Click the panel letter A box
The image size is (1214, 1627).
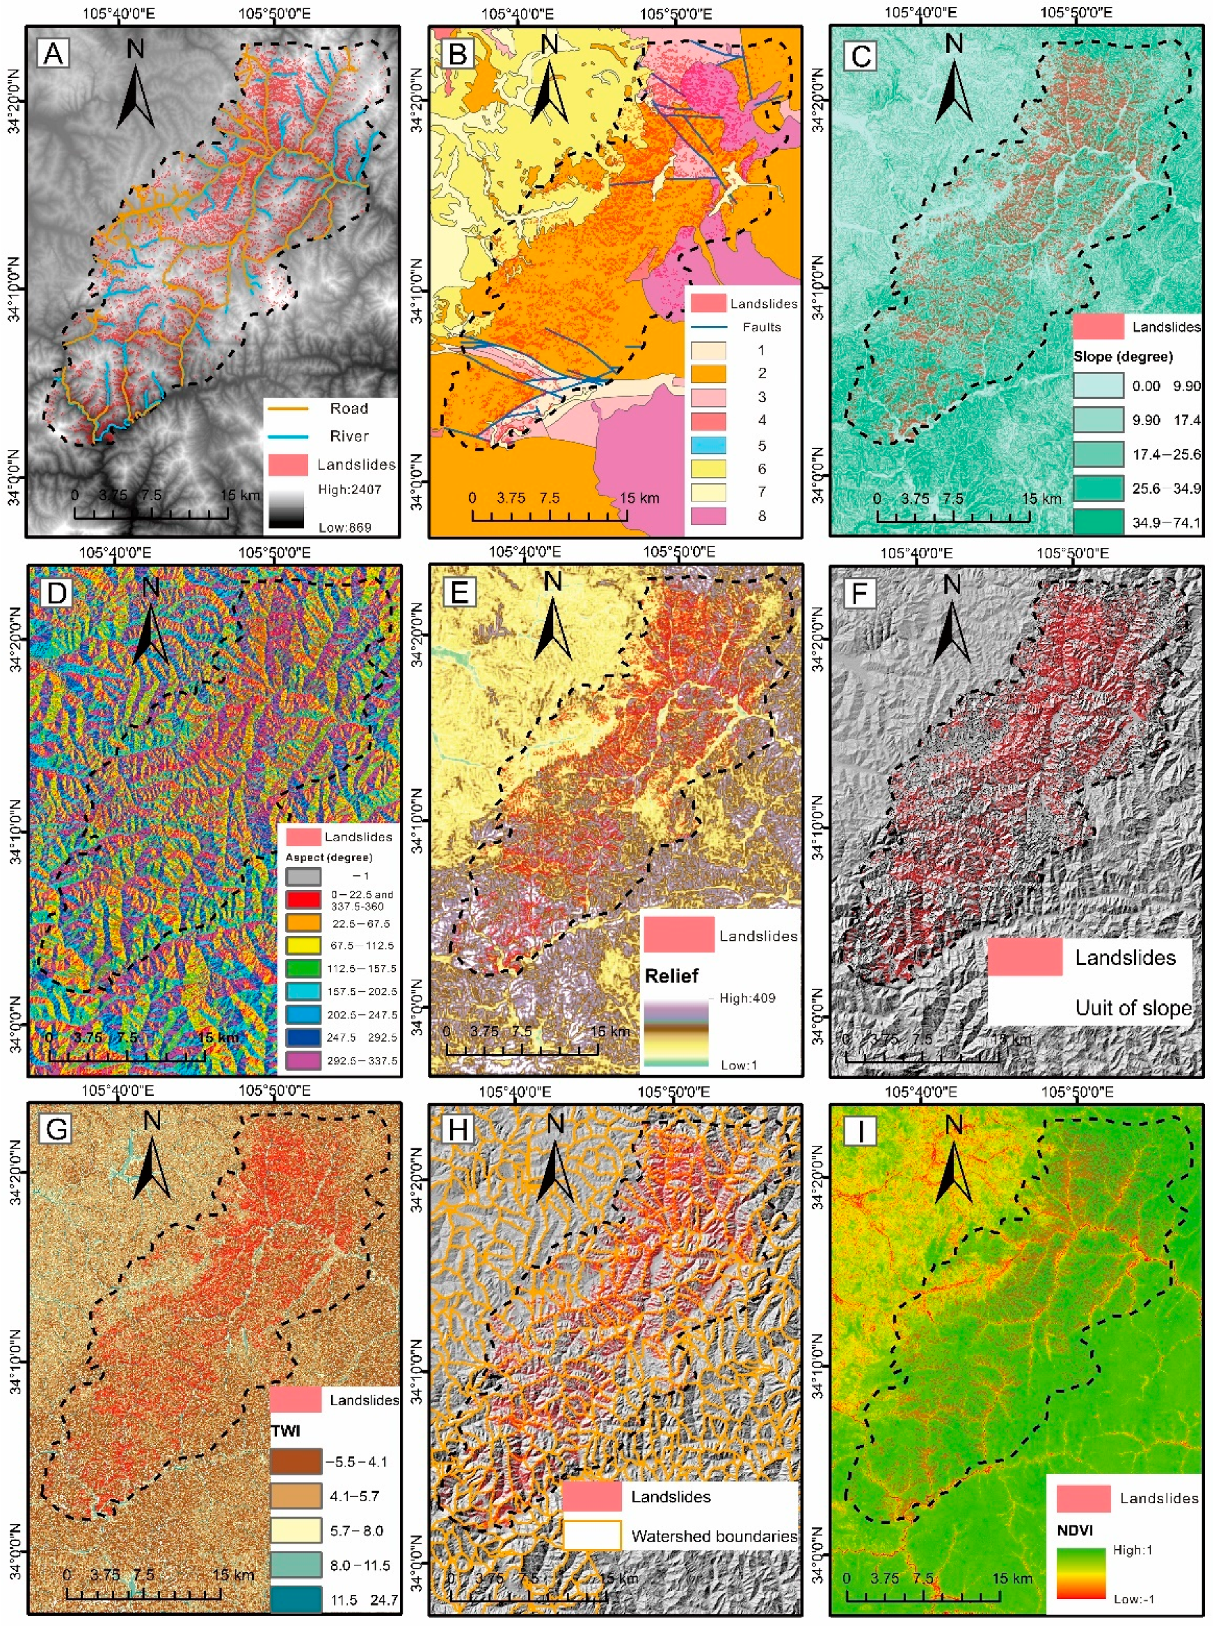53,54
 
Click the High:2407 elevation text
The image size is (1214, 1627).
349,489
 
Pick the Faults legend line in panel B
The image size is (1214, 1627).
708,327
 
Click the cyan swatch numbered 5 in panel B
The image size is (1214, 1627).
708,445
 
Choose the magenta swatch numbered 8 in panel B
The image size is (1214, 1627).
708,516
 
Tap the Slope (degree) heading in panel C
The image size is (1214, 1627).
1122,357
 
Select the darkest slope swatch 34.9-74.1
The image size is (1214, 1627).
1098,522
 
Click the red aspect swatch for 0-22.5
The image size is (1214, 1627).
303,899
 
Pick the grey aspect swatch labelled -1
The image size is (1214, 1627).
303,876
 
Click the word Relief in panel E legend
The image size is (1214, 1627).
671,976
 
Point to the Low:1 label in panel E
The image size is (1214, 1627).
738,1065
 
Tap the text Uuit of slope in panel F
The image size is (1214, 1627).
1133,1007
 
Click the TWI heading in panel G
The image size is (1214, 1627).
285,1431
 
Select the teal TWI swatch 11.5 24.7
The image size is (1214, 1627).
296,1600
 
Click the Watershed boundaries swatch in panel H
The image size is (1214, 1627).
592,1536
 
